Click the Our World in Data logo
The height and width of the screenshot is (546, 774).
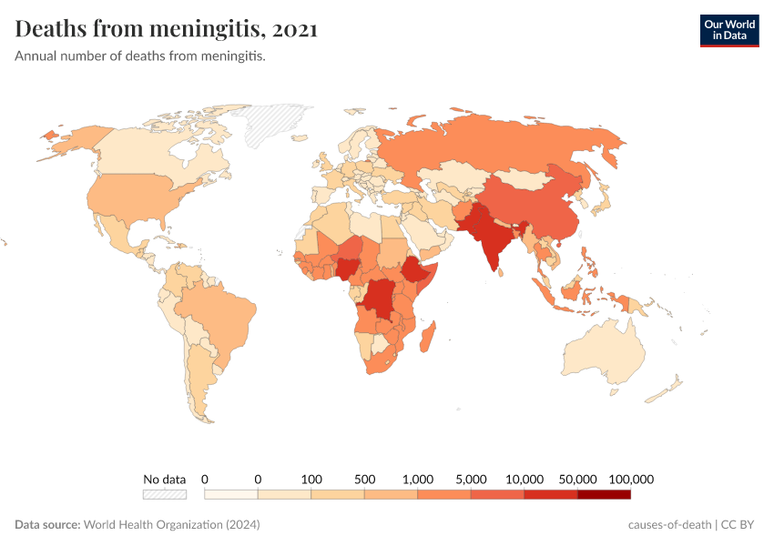click(728, 30)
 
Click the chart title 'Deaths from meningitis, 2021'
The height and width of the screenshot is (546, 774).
click(167, 30)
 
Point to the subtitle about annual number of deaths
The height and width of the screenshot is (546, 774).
click(140, 56)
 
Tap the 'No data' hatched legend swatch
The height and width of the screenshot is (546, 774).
click(164, 495)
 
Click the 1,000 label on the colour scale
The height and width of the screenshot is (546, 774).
click(418, 479)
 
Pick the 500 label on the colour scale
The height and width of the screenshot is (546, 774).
click(365, 479)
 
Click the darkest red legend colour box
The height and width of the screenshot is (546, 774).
click(604, 495)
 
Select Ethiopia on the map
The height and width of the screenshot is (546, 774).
click(415, 270)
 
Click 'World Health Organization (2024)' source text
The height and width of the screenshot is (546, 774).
click(171, 525)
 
